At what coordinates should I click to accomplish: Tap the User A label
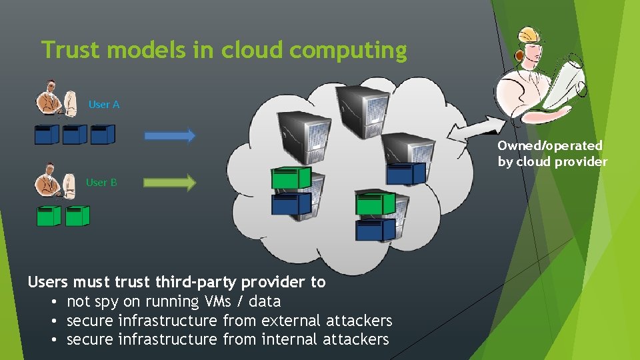point(104,105)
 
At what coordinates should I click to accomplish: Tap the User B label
point(101,182)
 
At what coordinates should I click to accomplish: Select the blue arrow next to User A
point(170,135)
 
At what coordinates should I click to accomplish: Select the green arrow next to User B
point(170,182)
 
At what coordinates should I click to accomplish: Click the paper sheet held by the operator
point(567,80)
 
